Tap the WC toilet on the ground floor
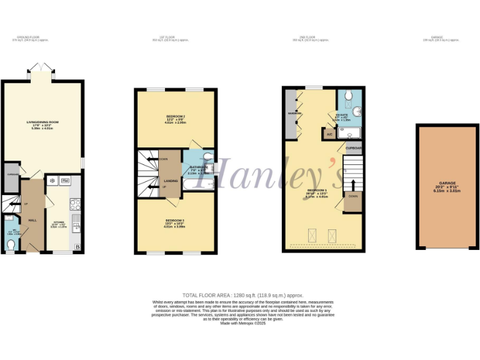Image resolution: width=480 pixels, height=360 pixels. pos(11,244)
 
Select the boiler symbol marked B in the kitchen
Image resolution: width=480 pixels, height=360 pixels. pos(77,247)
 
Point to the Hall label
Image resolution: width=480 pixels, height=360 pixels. pos(32,220)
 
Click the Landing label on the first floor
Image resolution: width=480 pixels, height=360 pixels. pos(152,181)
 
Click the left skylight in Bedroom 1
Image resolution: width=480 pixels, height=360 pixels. pos(309,235)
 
